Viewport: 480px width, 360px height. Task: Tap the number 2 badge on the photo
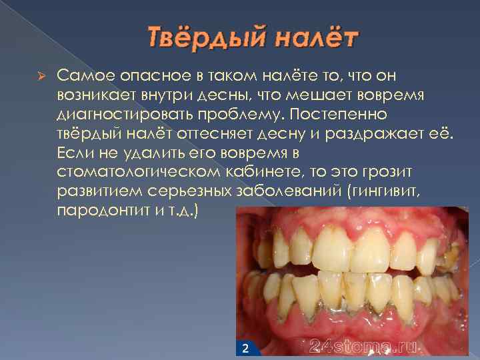tap(245, 347)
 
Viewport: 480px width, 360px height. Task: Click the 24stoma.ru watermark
tap(364, 346)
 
